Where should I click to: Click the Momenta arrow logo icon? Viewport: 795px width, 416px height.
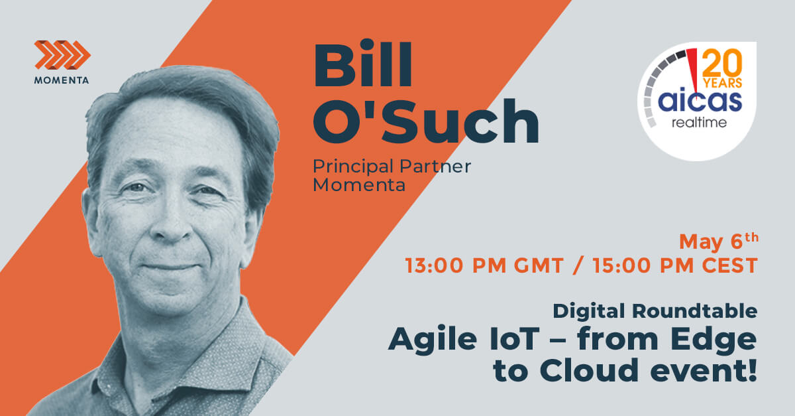(x=62, y=54)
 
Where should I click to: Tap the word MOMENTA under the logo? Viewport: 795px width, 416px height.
(x=62, y=81)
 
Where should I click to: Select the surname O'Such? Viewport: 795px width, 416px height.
(x=425, y=123)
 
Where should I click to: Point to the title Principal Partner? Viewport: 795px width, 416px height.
(x=392, y=166)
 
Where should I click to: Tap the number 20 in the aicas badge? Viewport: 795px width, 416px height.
(x=722, y=65)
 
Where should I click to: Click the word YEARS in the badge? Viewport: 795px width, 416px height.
(x=722, y=84)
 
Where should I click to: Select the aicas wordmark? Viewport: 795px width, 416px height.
(x=698, y=103)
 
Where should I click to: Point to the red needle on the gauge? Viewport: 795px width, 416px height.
(x=693, y=67)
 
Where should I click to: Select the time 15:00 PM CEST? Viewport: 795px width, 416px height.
(x=671, y=266)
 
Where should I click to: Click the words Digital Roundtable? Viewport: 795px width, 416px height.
(x=655, y=311)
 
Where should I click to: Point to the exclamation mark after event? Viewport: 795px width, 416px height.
(x=751, y=371)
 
